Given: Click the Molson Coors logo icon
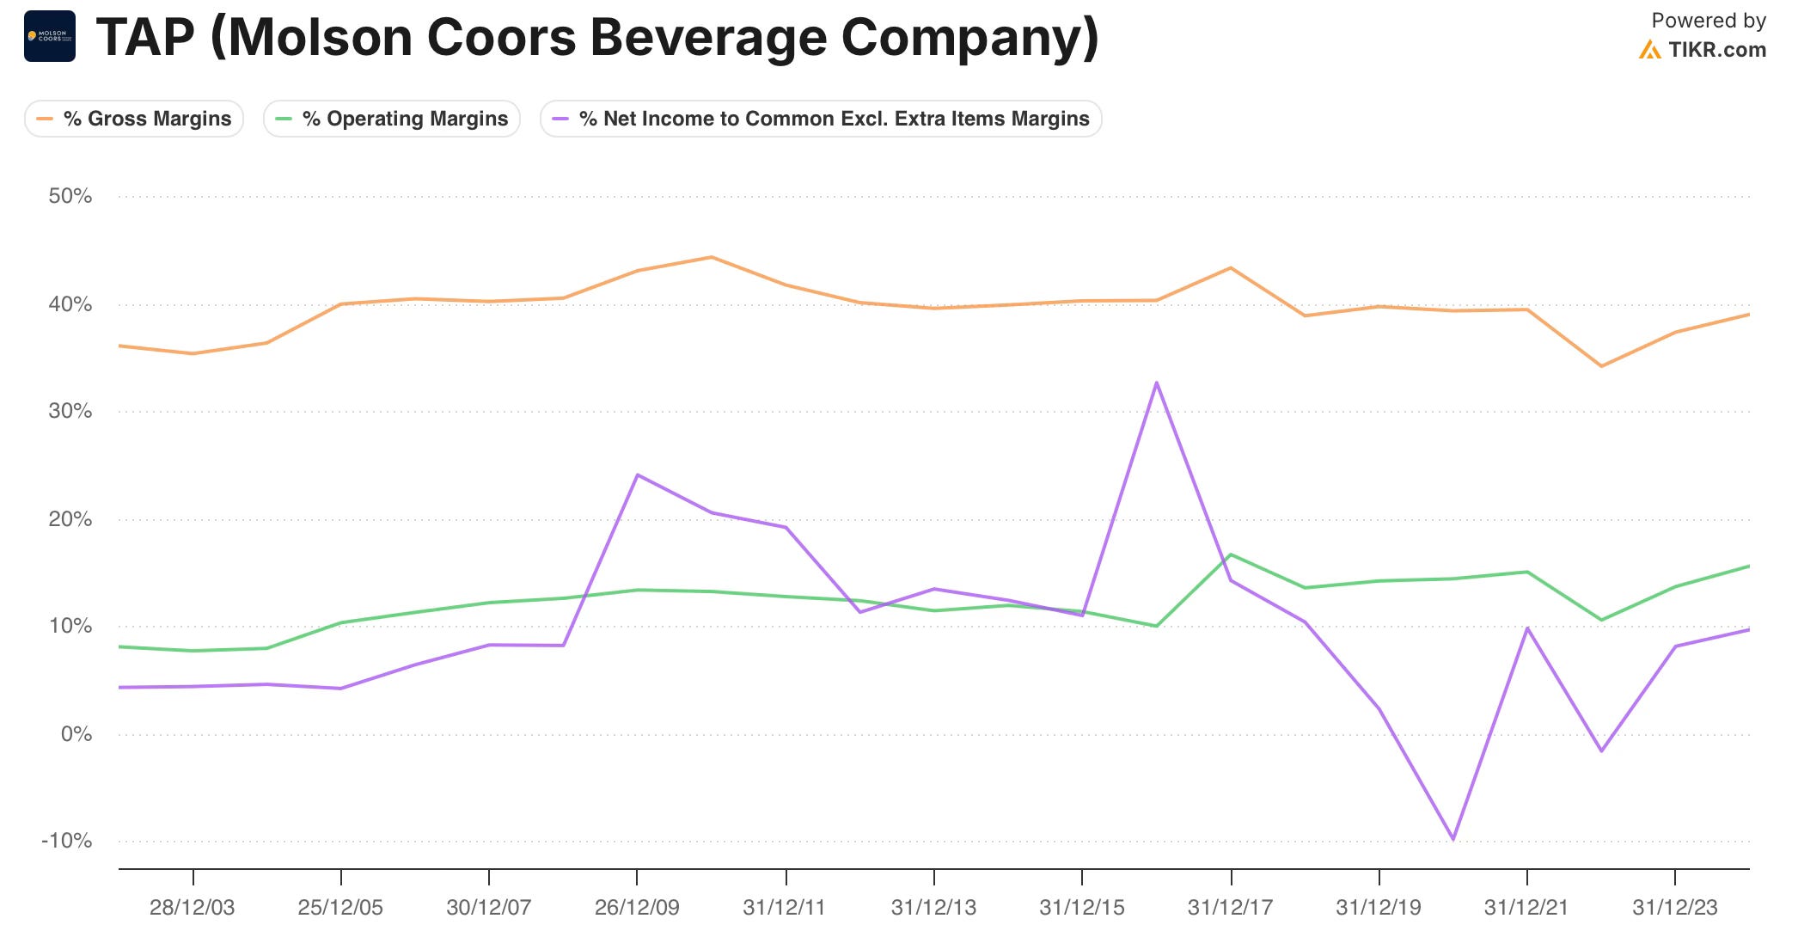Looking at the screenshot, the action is [50, 36].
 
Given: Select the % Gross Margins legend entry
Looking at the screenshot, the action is [134, 119].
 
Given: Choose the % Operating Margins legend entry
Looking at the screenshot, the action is [392, 119].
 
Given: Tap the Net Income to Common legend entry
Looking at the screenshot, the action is [821, 119].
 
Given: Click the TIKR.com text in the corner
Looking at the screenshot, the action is [1716, 50].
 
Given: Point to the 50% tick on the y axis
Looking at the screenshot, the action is [70, 196].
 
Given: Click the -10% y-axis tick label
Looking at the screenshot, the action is [67, 841].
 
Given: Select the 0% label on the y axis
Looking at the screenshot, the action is [76, 734].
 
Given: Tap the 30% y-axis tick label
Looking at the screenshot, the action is [70, 411].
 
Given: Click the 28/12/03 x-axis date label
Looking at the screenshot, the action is [192, 908].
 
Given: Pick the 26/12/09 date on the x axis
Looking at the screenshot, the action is [637, 908].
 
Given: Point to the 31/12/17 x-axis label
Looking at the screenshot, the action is [1230, 908].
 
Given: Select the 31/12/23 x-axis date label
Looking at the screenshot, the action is [1675, 908].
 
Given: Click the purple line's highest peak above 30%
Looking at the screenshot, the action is [1157, 383].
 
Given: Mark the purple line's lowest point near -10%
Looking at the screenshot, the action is [1453, 839].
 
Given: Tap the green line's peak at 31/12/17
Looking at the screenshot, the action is [1231, 554].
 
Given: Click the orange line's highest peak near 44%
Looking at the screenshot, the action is [712, 257].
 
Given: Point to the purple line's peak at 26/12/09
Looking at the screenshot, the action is [637, 475].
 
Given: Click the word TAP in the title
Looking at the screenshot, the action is [145, 38].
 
